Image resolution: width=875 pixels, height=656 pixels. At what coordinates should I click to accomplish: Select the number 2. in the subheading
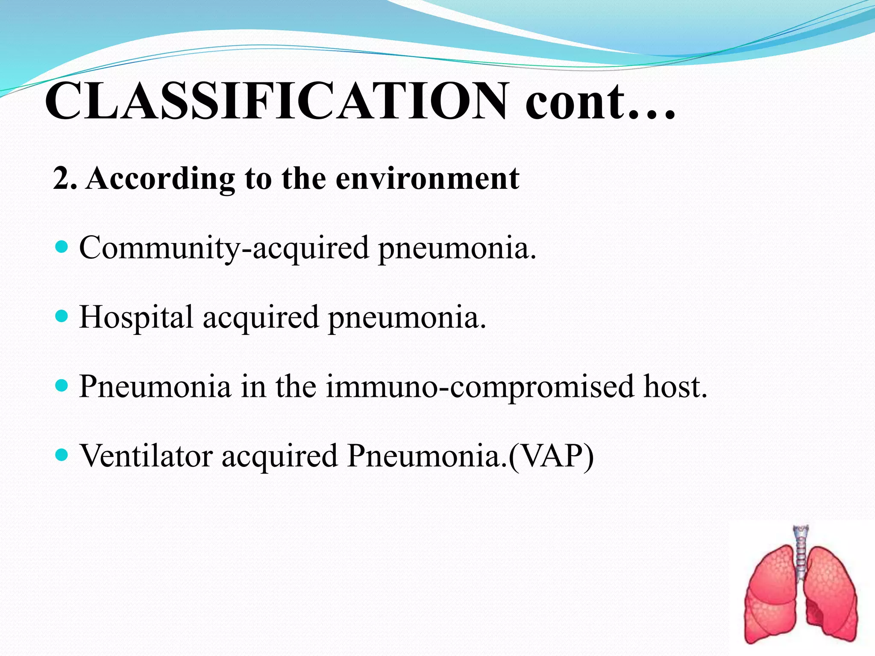pos(65,178)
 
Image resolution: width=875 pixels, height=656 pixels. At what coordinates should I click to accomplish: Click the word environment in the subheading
pos(427,178)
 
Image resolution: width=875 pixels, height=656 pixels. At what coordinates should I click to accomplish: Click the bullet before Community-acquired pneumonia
pos(62,246)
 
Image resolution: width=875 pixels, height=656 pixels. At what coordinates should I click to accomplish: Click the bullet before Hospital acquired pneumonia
pos(62,316)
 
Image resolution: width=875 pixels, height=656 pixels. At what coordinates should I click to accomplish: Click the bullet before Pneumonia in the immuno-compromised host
pos(62,386)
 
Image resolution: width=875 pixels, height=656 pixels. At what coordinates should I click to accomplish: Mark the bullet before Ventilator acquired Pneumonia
pos(62,455)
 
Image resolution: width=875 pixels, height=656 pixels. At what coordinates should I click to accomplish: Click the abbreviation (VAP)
pos(551,457)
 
